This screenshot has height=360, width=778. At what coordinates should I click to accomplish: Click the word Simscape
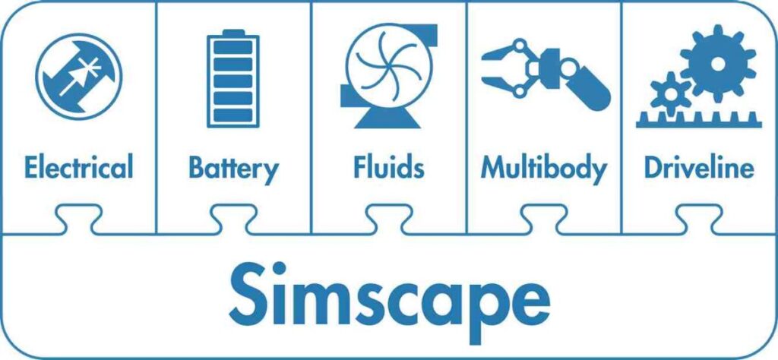pos(390,301)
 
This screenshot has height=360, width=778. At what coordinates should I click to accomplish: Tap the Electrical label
pos(79,166)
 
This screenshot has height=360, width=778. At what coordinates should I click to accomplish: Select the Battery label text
pos(234,169)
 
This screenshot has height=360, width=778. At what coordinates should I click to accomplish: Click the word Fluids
pos(389,166)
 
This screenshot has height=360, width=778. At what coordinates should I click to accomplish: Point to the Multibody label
pos(544,169)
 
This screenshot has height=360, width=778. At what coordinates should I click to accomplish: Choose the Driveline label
pos(699,166)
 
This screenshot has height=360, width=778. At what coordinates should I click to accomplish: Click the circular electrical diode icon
pos(79,77)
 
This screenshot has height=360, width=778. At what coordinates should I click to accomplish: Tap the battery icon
pos(233,78)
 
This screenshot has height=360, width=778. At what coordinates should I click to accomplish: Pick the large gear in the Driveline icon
pos(718,63)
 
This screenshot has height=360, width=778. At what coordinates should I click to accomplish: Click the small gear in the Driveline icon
pos(671,93)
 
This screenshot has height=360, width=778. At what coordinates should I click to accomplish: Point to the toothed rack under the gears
pos(699,119)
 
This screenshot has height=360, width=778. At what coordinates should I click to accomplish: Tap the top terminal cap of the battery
pos(233,32)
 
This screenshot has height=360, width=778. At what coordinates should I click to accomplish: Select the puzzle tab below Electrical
pos(79,219)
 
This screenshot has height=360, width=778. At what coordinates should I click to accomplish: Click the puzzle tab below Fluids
pos(388,219)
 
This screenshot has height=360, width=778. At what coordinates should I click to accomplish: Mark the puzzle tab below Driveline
pos(699,219)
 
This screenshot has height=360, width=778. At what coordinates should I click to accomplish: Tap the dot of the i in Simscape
pos(279,268)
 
